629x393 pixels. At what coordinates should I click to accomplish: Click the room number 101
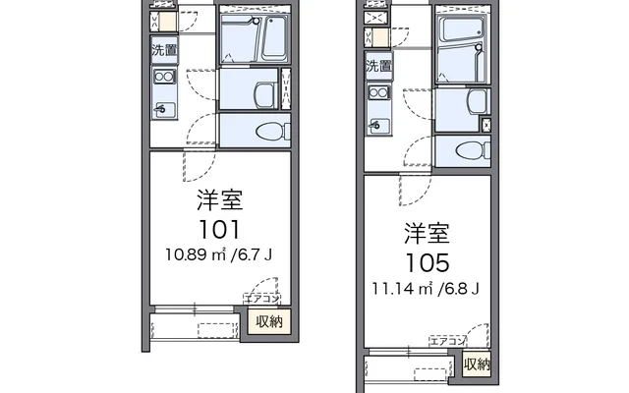pyautogui.click(x=219, y=230)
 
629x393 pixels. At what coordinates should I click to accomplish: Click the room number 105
pyautogui.click(x=428, y=263)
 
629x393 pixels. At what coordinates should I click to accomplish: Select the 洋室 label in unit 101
pyautogui.click(x=220, y=199)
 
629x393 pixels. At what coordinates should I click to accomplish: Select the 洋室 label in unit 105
pyautogui.click(x=427, y=233)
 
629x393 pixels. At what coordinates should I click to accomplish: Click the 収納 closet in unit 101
pyautogui.click(x=269, y=321)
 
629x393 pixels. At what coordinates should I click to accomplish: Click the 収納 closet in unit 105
pyautogui.click(x=477, y=365)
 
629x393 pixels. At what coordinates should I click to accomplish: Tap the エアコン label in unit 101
pyautogui.click(x=261, y=299)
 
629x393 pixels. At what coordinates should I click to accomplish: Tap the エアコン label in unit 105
pyautogui.click(x=447, y=341)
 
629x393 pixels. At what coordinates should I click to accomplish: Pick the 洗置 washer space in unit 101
pyautogui.click(x=164, y=50)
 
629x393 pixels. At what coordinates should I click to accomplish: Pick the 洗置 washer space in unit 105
pyautogui.click(x=378, y=66)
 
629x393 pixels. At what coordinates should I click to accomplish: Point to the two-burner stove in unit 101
pyautogui.click(x=164, y=77)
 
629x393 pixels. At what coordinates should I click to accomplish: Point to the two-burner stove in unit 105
pyautogui.click(x=378, y=93)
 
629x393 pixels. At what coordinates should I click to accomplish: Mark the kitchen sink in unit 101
pyautogui.click(x=165, y=109)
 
